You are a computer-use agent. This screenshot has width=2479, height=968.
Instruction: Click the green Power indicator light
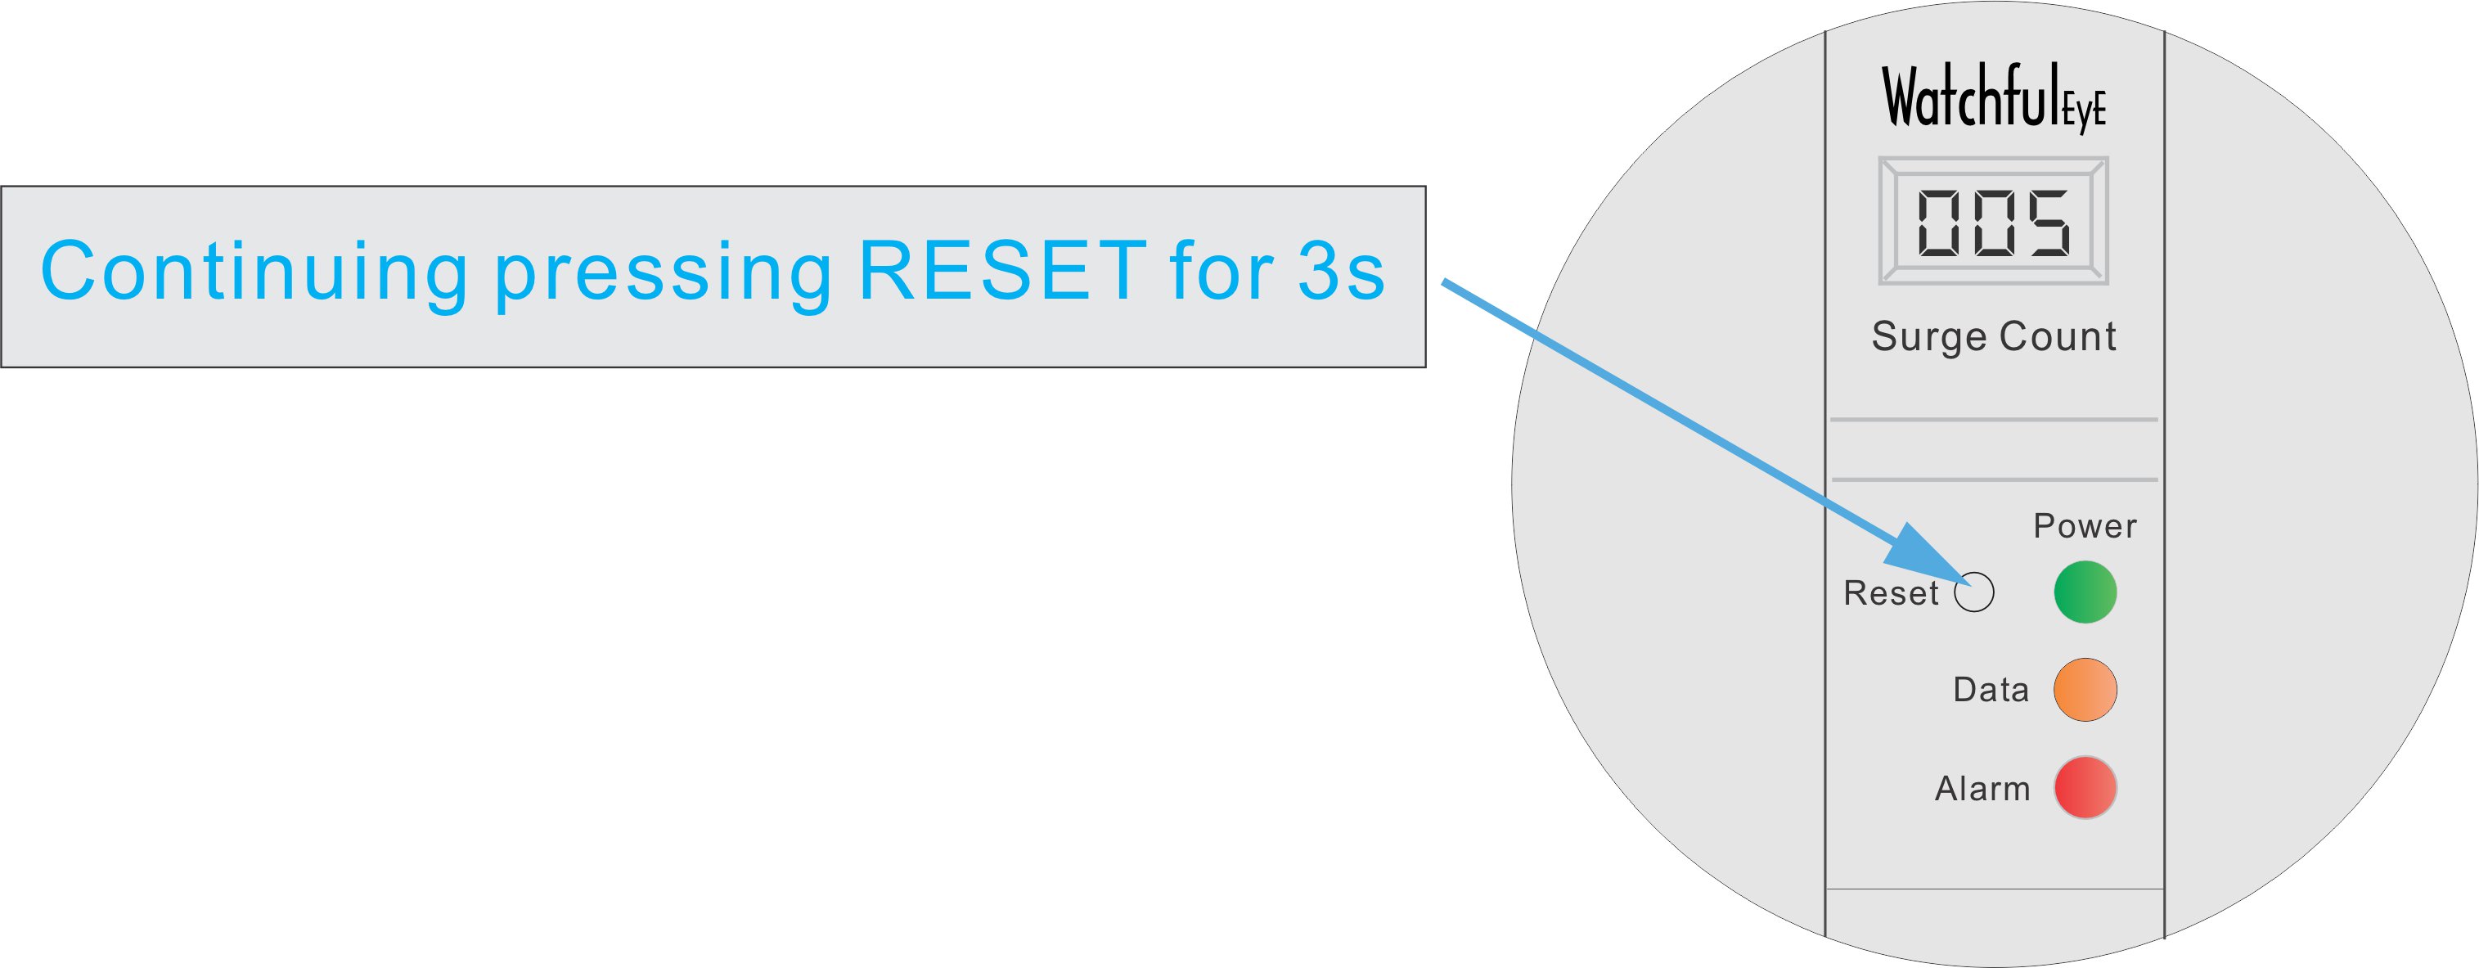click(2085, 592)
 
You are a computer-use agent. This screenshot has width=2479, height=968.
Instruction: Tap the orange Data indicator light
click(2085, 690)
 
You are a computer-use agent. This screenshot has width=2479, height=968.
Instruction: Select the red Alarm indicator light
click(2085, 788)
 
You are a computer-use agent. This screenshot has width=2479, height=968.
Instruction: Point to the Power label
click(2085, 526)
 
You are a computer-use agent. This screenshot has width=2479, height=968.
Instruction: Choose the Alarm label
click(1982, 789)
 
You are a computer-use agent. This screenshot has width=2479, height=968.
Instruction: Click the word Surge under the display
click(1928, 337)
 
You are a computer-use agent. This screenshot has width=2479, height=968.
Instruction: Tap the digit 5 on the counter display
click(2047, 223)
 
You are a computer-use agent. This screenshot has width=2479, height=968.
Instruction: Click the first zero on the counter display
click(1938, 223)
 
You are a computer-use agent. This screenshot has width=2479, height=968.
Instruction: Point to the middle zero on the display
click(1993, 223)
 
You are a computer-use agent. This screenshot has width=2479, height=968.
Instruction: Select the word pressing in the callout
click(663, 277)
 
